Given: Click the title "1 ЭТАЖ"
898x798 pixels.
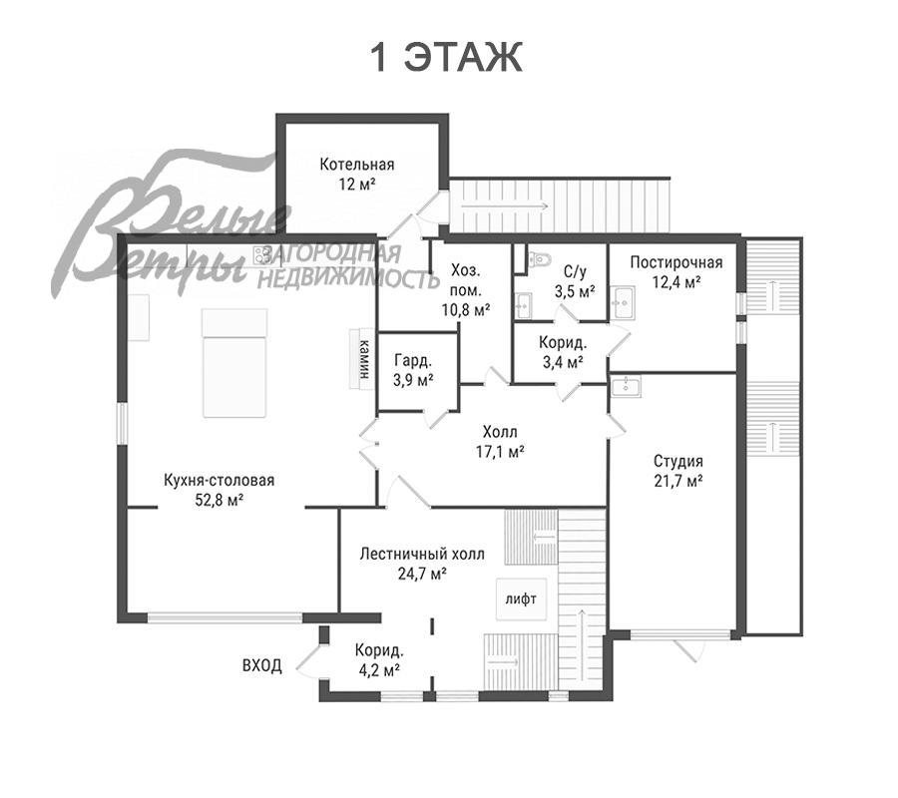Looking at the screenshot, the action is tap(447, 57).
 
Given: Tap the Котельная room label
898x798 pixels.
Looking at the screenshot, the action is tap(357, 165).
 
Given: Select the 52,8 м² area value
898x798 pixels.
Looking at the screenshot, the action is tap(220, 501).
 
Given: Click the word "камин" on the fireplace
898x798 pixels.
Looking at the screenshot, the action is tap(363, 359).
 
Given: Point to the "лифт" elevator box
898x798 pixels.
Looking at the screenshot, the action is tap(521, 598).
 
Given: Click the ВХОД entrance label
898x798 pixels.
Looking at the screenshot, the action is tap(262, 665).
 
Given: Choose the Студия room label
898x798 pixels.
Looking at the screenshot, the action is tap(678, 462).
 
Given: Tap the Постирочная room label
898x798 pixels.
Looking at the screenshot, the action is tap(676, 262).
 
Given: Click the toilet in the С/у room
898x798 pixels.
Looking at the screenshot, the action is tap(539, 258).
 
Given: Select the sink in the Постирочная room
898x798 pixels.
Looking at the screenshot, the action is tap(622, 301).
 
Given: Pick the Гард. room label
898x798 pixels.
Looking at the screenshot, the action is tap(413, 361).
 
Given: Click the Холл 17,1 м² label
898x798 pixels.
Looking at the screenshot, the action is tap(501, 441).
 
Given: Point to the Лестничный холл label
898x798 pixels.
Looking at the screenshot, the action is tap(422, 555).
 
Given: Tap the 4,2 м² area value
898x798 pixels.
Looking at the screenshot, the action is tap(379, 670).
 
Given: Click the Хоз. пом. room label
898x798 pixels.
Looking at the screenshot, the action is tap(466, 280).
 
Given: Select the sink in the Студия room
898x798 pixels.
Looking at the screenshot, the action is tap(626, 386).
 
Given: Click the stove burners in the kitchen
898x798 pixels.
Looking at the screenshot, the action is tap(262, 254).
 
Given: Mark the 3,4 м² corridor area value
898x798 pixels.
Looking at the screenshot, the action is tap(562, 362).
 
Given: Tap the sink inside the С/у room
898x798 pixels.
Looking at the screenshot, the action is tap(523, 305).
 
